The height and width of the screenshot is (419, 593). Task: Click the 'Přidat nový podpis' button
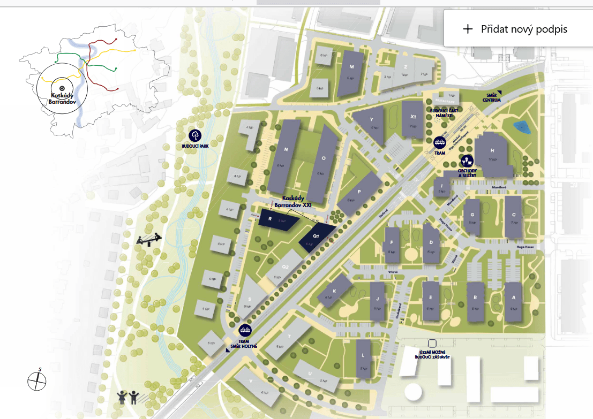pos(516,29)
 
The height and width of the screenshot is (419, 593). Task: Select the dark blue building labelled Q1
pos(317,238)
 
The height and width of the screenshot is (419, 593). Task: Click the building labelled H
pos(492,156)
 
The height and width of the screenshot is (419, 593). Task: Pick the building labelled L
pos(363,358)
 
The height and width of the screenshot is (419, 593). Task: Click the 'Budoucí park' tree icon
pos(196,135)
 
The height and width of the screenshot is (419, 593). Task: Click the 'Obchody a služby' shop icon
pos(467,161)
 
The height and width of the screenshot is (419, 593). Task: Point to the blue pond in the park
pos(520,127)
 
